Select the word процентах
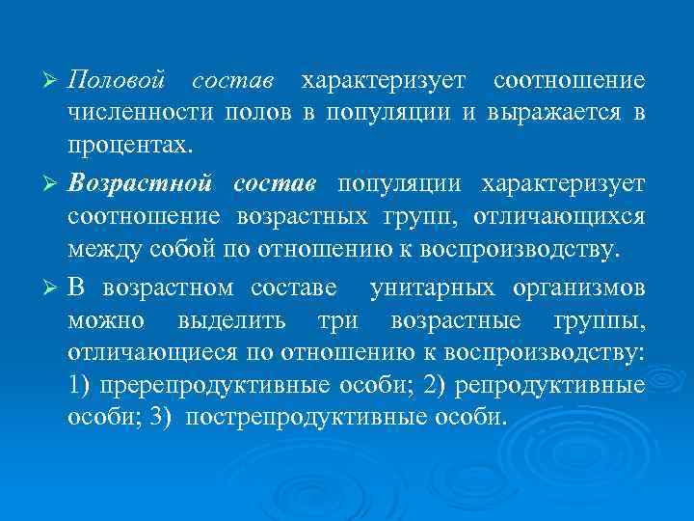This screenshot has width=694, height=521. [129, 146]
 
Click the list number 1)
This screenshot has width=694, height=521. [81, 387]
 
